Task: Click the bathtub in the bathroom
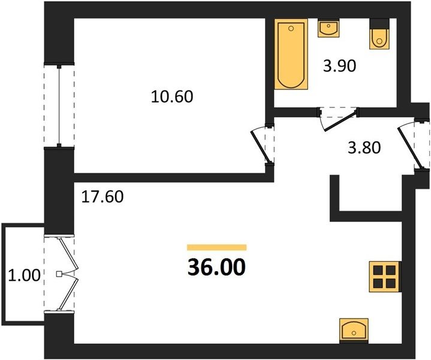(x=291, y=54)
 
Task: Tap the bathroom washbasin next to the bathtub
(x=328, y=28)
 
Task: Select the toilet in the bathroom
(x=379, y=34)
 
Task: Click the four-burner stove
(x=385, y=277)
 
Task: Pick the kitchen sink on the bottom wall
(x=354, y=330)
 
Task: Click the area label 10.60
(x=172, y=97)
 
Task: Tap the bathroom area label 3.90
(x=339, y=66)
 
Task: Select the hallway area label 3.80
(x=364, y=148)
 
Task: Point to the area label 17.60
(x=103, y=197)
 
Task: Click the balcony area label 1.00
(x=24, y=275)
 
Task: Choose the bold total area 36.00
(x=216, y=268)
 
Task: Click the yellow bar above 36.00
(x=216, y=247)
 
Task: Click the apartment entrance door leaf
(x=409, y=149)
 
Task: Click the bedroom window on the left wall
(x=59, y=106)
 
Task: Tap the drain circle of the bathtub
(x=291, y=28)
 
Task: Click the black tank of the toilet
(x=379, y=23)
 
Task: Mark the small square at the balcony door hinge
(x=59, y=274)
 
